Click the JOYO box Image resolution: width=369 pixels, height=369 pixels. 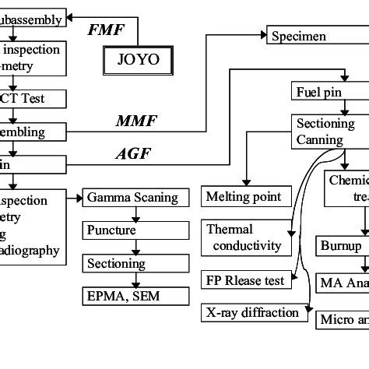click(137, 59)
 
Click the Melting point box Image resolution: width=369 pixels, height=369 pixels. click(243, 196)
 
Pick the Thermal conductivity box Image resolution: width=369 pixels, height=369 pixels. click(243, 238)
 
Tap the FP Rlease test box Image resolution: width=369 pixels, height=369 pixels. click(245, 278)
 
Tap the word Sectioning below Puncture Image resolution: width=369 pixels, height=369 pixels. click(116, 264)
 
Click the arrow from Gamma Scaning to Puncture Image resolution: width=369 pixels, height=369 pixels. click(135, 214)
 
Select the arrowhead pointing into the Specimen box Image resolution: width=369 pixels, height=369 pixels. click(261, 35)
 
